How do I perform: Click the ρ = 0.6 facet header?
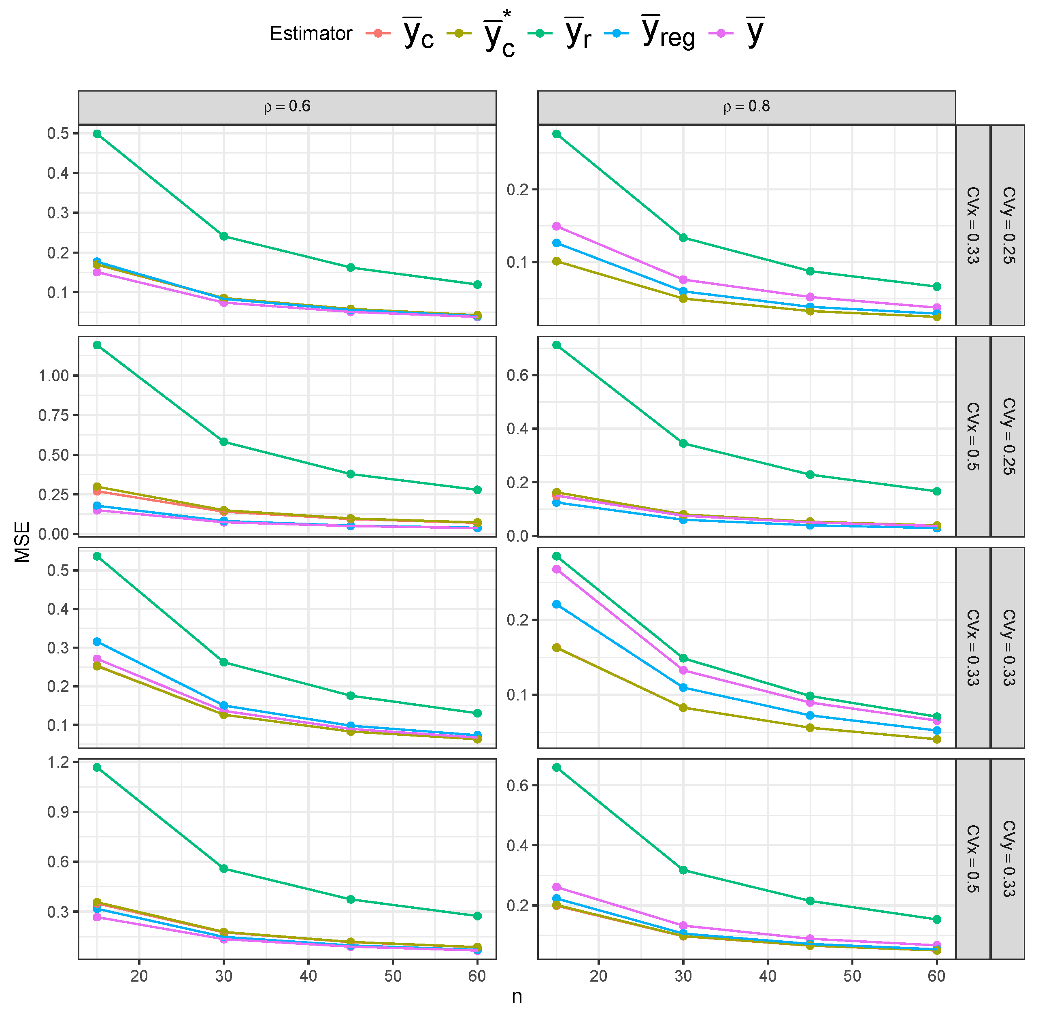[x=287, y=107]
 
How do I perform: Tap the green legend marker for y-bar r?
[x=540, y=33]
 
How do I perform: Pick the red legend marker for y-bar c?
[x=377, y=33]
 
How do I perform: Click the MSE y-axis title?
[x=22, y=542]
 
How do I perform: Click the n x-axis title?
[x=517, y=996]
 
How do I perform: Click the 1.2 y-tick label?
[x=58, y=762]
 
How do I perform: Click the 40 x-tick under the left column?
[x=308, y=976]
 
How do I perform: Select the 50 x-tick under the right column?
[x=852, y=976]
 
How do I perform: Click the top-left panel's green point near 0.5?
[x=97, y=134]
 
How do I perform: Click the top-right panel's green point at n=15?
[x=556, y=134]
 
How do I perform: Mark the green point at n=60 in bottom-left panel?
[x=477, y=916]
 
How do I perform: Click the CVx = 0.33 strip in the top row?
[x=972, y=225]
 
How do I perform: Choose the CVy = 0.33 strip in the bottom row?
[x=1008, y=858]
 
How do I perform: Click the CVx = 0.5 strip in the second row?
[x=972, y=436]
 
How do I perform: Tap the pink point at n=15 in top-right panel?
[x=556, y=226]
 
